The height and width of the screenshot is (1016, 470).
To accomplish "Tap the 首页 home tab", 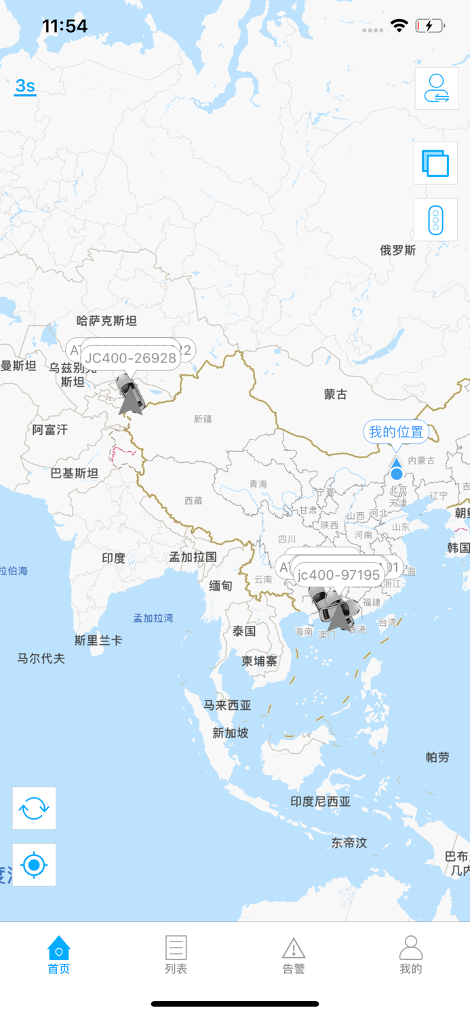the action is click(59, 954).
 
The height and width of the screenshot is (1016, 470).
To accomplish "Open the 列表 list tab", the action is click(176, 954).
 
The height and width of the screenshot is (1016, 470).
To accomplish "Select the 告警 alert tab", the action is click(293, 954).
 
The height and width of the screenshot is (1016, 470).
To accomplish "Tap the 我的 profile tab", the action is click(410, 954).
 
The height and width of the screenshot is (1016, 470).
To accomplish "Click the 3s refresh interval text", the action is click(25, 86).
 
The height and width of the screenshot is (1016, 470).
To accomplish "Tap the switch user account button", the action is click(436, 88).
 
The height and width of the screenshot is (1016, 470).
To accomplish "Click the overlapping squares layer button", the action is click(435, 163).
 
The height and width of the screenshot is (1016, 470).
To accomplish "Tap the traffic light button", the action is click(435, 220).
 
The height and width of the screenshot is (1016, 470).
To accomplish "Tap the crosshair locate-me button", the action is click(34, 865).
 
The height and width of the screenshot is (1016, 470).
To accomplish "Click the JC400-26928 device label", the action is click(131, 358).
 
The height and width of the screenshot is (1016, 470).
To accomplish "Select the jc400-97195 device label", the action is click(338, 575).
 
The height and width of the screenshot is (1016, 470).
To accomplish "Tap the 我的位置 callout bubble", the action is click(396, 431).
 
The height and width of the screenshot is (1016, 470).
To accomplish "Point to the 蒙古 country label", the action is click(336, 394).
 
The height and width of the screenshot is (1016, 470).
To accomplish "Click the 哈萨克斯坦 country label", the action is click(106, 321).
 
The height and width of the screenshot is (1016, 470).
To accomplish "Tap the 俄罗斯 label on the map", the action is click(397, 251).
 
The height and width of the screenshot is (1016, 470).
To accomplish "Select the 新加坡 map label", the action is click(231, 733).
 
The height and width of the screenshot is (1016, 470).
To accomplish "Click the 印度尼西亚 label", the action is click(321, 801).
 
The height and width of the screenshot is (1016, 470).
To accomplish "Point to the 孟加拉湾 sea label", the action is click(153, 618).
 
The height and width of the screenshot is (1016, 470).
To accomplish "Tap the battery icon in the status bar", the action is click(430, 26).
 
